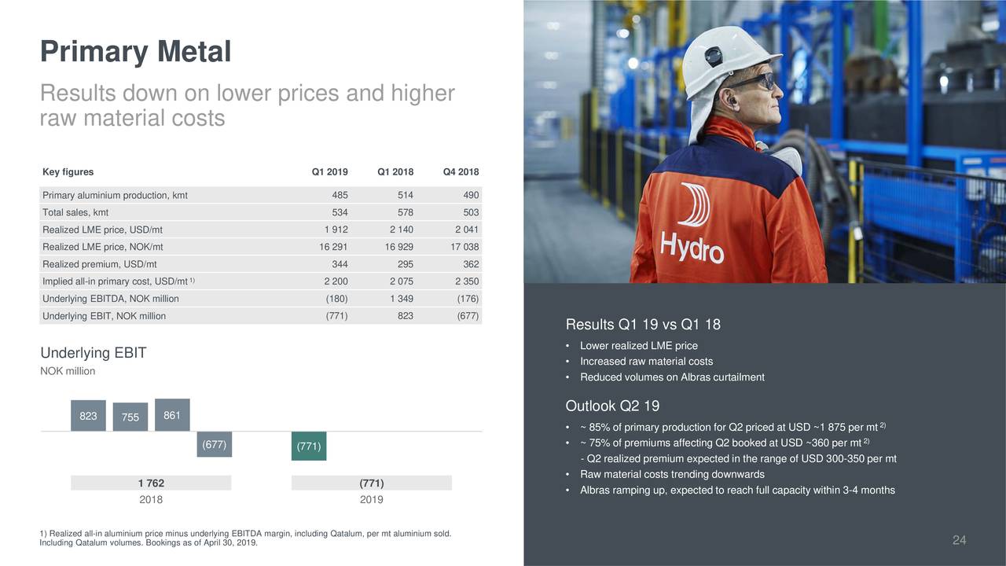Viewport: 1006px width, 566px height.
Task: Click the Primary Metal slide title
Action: (x=136, y=52)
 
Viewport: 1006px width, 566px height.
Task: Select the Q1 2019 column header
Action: (x=329, y=171)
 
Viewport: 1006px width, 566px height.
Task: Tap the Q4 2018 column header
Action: (x=461, y=171)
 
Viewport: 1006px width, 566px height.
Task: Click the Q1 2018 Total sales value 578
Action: (x=405, y=212)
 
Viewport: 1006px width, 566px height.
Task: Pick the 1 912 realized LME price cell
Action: (x=336, y=230)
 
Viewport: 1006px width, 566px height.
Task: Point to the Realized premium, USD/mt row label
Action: (x=100, y=264)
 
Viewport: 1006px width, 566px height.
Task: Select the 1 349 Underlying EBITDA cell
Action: (x=402, y=299)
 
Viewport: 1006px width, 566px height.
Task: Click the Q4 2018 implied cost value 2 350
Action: (x=467, y=281)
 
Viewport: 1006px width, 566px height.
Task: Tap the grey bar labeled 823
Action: (x=89, y=416)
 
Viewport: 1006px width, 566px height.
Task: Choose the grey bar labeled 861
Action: (x=172, y=414)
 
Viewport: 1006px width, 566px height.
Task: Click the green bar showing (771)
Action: (x=309, y=446)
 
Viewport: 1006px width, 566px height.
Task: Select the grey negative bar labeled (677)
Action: (x=215, y=444)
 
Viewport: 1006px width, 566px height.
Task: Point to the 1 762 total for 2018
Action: (x=151, y=483)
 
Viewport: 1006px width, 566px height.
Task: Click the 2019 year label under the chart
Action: (x=372, y=499)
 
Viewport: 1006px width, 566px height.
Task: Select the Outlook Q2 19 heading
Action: (x=612, y=406)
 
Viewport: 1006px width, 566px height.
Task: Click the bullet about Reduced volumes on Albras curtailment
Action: (x=672, y=377)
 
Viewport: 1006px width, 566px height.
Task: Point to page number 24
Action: (x=959, y=540)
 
